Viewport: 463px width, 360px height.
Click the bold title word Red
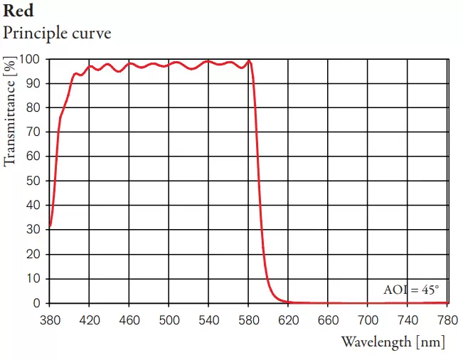point(18,12)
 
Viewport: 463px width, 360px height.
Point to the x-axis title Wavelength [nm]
point(393,342)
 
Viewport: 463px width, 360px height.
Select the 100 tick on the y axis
point(28,59)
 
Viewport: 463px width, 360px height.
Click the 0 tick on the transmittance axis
point(36,303)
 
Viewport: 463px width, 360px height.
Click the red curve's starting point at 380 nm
point(50,227)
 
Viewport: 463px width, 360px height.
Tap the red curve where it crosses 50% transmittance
point(259,181)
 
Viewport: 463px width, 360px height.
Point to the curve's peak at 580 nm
point(249,61)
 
